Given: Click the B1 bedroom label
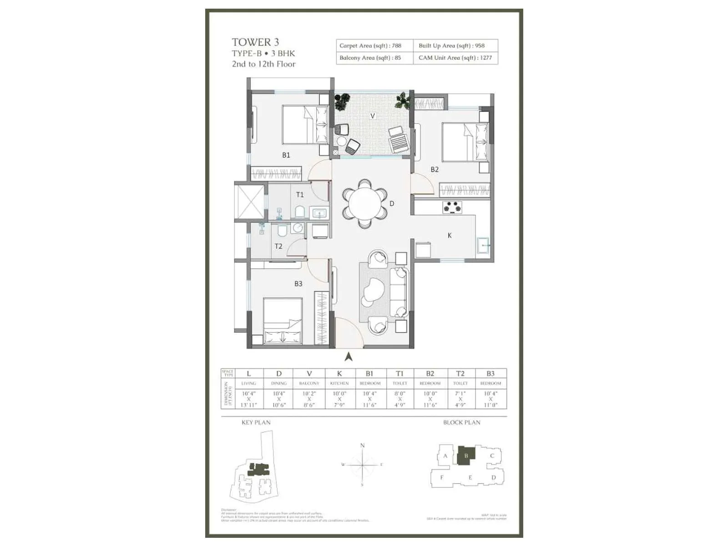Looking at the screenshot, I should pyautogui.click(x=286, y=155).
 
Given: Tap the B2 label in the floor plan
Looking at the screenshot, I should pyautogui.click(x=435, y=169).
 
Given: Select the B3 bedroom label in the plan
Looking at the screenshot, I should pyautogui.click(x=298, y=283).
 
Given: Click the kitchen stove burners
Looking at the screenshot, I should pyautogui.click(x=452, y=207).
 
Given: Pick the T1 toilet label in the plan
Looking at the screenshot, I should pyautogui.click(x=299, y=195).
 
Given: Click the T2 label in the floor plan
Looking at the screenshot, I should pyautogui.click(x=278, y=246).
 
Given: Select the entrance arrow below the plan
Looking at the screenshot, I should pyautogui.click(x=349, y=357).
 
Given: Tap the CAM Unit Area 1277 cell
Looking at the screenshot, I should pyautogui.click(x=455, y=58).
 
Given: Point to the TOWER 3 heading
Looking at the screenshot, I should pyautogui.click(x=255, y=42).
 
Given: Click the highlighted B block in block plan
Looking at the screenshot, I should pyautogui.click(x=466, y=455).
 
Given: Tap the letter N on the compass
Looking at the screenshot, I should pyautogui.click(x=363, y=445).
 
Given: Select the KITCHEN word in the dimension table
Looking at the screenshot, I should pyautogui.click(x=339, y=383).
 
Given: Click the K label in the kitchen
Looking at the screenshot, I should pyautogui.click(x=450, y=235).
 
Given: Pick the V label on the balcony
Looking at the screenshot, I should pyautogui.click(x=373, y=116).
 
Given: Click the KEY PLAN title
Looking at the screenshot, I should pyautogui.click(x=256, y=422).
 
